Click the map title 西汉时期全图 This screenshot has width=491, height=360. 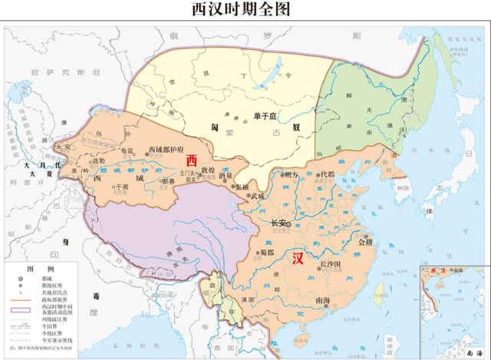(245, 10)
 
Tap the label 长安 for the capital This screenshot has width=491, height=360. (281, 223)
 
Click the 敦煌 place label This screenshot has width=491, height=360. (208, 169)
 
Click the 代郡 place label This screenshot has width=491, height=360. (328, 174)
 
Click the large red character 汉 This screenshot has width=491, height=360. (298, 258)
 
